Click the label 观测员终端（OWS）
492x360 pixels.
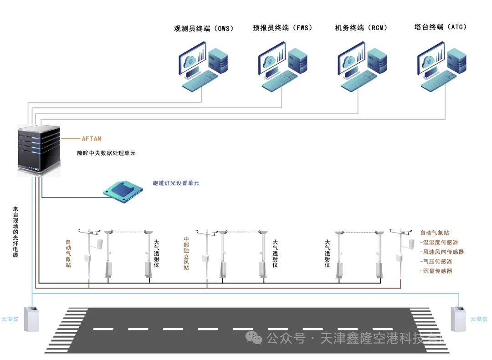coord(204,28)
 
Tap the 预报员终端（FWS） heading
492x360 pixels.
coord(283,28)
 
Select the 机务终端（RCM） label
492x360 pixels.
coord(361,28)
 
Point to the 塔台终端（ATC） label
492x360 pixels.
coord(441,27)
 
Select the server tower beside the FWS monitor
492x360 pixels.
coord(298,60)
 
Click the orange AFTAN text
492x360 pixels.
coord(92,138)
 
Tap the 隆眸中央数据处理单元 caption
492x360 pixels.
coord(106,153)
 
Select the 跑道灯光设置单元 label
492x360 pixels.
coord(176,183)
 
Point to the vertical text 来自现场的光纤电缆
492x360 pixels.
coord(16,232)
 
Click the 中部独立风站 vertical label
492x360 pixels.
coord(186,253)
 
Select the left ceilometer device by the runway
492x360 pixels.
coord(31,319)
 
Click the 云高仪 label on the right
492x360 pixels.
coord(479,319)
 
